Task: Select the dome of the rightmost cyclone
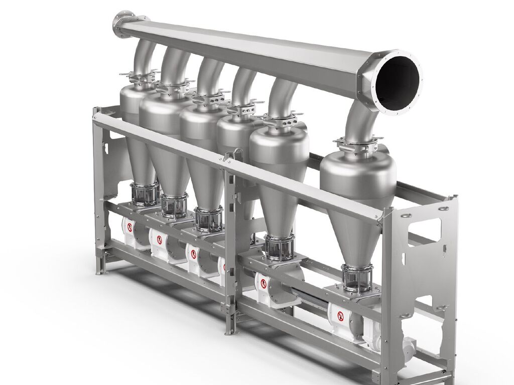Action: pos(354,170)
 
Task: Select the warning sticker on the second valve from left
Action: pos(160,239)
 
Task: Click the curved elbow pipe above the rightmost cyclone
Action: pos(359,120)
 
